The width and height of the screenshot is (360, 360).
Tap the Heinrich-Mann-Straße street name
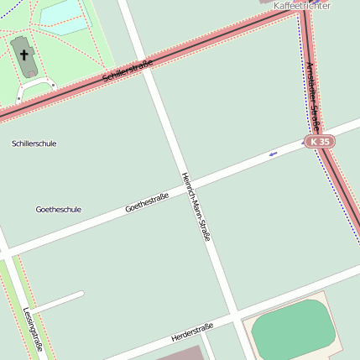(x=196, y=206)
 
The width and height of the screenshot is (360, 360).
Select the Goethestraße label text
(x=147, y=202)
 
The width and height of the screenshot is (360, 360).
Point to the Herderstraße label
(x=192, y=331)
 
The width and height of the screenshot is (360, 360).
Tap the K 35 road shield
(x=319, y=142)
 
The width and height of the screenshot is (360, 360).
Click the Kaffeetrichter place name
(x=302, y=6)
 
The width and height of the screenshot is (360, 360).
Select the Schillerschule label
(x=34, y=143)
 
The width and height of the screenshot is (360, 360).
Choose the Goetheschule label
(x=59, y=209)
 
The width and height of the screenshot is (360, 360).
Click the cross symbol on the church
(x=24, y=56)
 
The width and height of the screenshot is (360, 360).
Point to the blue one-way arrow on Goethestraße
(x=273, y=154)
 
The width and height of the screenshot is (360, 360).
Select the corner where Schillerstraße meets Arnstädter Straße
(x=298, y=10)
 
